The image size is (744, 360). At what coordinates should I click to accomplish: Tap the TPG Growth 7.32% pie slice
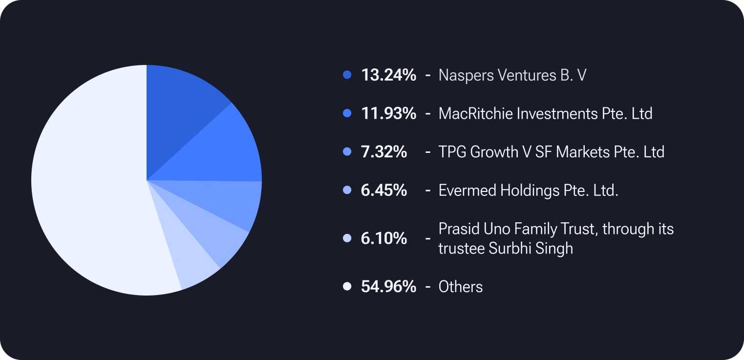(x=225, y=200)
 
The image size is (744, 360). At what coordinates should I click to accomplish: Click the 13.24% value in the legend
(x=388, y=75)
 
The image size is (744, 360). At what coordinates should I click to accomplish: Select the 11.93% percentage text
(x=388, y=113)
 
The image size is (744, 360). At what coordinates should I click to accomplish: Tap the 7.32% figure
(x=384, y=151)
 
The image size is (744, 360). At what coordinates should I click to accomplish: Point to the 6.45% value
(x=384, y=190)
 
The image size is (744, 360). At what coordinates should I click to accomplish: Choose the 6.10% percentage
(x=384, y=238)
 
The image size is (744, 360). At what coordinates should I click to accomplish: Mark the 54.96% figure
(x=388, y=286)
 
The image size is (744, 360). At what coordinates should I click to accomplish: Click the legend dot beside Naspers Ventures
(x=347, y=75)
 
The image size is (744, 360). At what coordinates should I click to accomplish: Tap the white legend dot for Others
(x=347, y=286)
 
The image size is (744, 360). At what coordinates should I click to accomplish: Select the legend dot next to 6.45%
(x=347, y=190)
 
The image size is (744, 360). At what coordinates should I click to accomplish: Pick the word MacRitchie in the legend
(x=469, y=113)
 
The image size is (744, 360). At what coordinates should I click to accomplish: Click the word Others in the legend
(x=460, y=286)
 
